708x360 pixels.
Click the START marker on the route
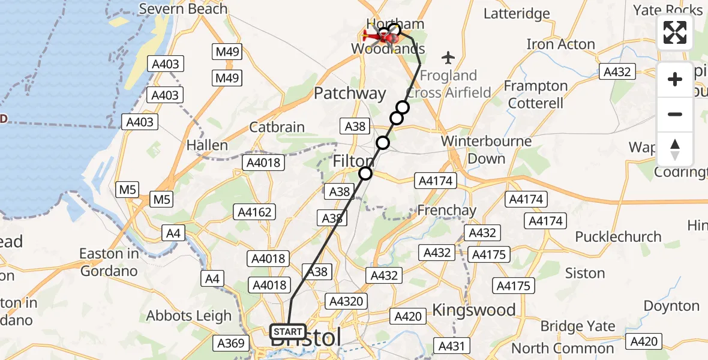(288, 331)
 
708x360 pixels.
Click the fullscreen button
(675, 32)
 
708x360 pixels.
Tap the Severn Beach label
(183, 9)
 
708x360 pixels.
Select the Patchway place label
(350, 93)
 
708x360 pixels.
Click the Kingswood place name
(474, 310)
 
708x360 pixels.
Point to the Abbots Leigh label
(189, 316)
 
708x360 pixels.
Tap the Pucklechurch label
(618, 236)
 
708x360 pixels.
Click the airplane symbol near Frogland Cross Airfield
(448, 58)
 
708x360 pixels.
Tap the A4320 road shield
(346, 301)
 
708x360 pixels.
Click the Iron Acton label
(560, 44)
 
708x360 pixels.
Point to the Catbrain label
(277, 127)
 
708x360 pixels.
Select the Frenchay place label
(446, 211)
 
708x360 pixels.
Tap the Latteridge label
(517, 13)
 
